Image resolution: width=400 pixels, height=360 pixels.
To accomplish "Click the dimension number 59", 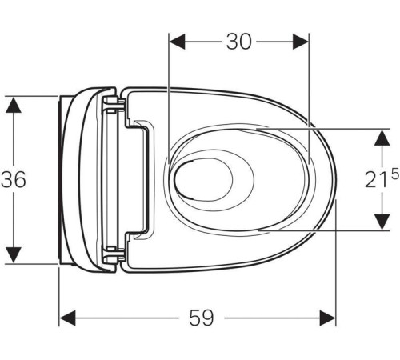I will (x=202, y=318).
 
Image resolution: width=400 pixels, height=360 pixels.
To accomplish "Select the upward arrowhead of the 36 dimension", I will (x=14, y=105).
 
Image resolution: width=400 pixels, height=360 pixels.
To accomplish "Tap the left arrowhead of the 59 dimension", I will (x=68, y=318).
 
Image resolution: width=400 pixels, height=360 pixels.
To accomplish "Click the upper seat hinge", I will (x=114, y=102).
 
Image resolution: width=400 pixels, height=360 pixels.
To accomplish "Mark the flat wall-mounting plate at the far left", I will (x=62, y=179).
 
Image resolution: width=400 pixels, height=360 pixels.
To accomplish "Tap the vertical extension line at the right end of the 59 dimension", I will (x=337, y=264).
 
